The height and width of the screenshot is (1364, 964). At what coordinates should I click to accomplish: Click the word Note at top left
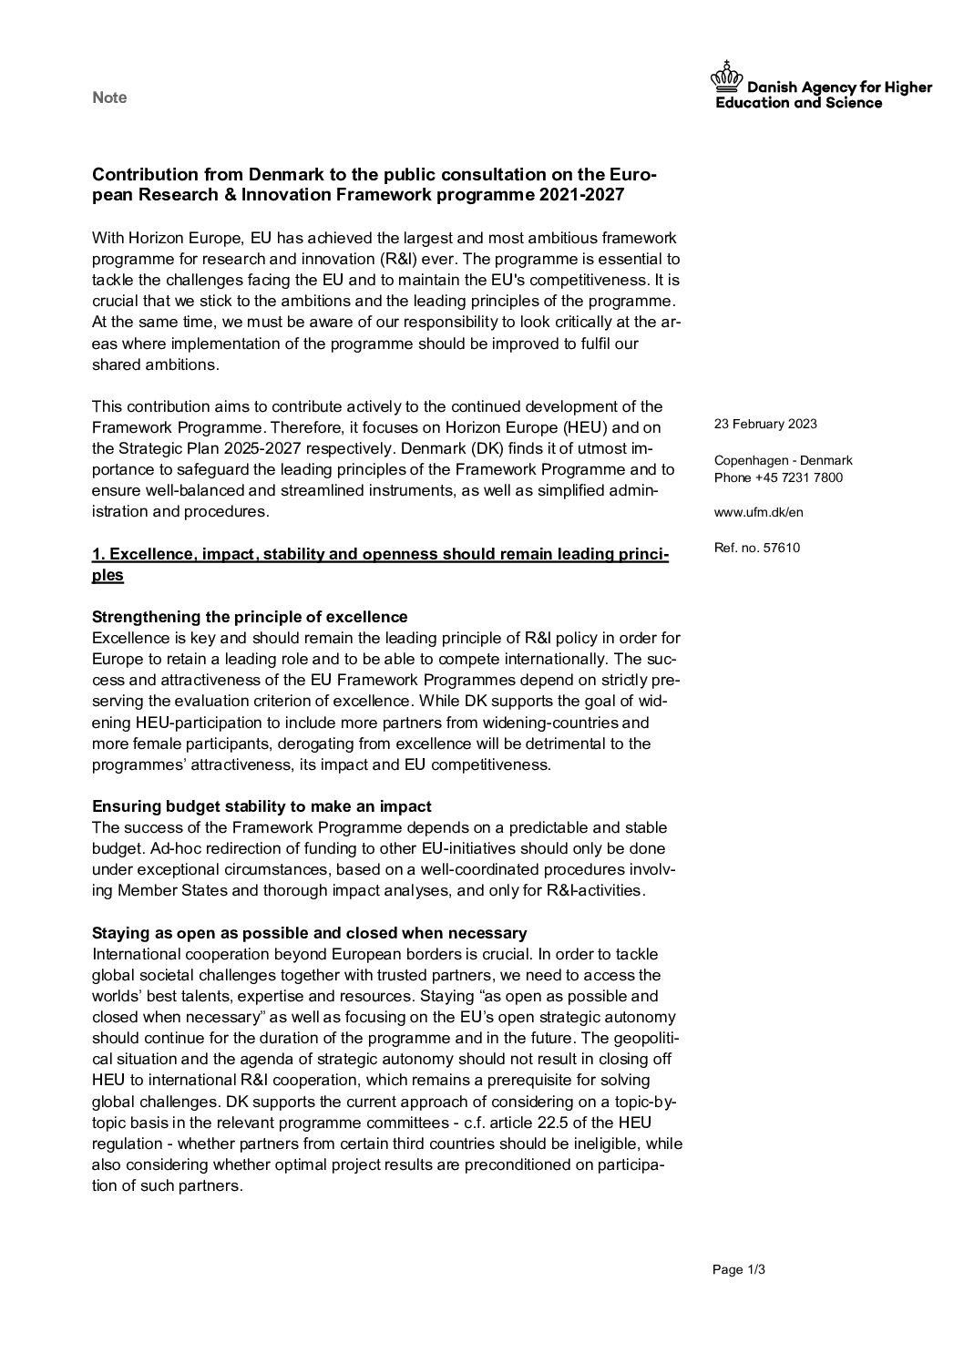(109, 97)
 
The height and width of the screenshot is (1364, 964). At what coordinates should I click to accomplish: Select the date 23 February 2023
(765, 424)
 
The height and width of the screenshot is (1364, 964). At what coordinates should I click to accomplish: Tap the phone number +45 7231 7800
(798, 477)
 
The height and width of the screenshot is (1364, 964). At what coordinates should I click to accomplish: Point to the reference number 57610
(783, 548)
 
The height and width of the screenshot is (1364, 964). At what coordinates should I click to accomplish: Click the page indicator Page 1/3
(739, 1269)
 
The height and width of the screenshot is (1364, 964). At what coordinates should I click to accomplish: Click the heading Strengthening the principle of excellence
(250, 617)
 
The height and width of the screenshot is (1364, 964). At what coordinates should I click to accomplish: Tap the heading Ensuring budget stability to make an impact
(262, 806)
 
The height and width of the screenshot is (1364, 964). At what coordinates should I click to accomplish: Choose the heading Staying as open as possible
(310, 933)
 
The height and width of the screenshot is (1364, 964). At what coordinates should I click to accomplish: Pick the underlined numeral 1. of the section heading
(99, 554)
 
